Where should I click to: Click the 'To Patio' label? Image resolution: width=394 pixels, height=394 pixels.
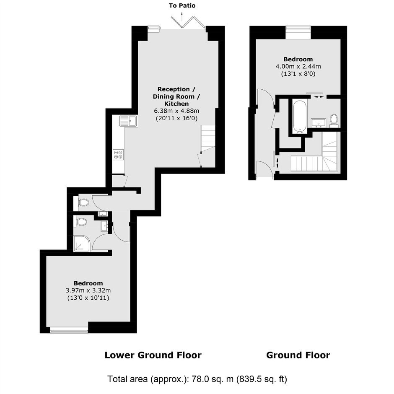[x=182, y=5]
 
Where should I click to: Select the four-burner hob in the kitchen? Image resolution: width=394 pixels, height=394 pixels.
[x=118, y=154]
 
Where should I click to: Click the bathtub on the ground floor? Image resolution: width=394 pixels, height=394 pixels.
[x=300, y=117]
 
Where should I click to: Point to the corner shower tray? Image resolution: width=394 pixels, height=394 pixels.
[x=82, y=244]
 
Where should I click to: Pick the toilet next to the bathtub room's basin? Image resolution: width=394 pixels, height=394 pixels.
[x=334, y=120]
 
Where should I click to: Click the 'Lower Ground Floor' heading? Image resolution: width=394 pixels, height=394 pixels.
[x=153, y=355]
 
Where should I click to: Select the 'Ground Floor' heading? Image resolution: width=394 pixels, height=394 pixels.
[x=298, y=355]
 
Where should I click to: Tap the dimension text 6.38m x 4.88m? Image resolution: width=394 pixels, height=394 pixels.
[x=176, y=111]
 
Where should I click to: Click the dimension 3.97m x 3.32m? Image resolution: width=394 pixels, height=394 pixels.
[x=88, y=290]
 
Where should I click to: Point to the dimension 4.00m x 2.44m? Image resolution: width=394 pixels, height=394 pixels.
[x=298, y=67]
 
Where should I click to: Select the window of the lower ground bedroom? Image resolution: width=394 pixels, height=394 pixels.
[x=69, y=330]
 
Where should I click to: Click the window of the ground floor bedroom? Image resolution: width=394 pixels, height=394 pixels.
[x=298, y=32]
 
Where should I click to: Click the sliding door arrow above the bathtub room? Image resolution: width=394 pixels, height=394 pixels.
[x=319, y=96]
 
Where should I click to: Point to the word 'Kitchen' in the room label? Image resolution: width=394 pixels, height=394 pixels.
[x=176, y=104]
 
